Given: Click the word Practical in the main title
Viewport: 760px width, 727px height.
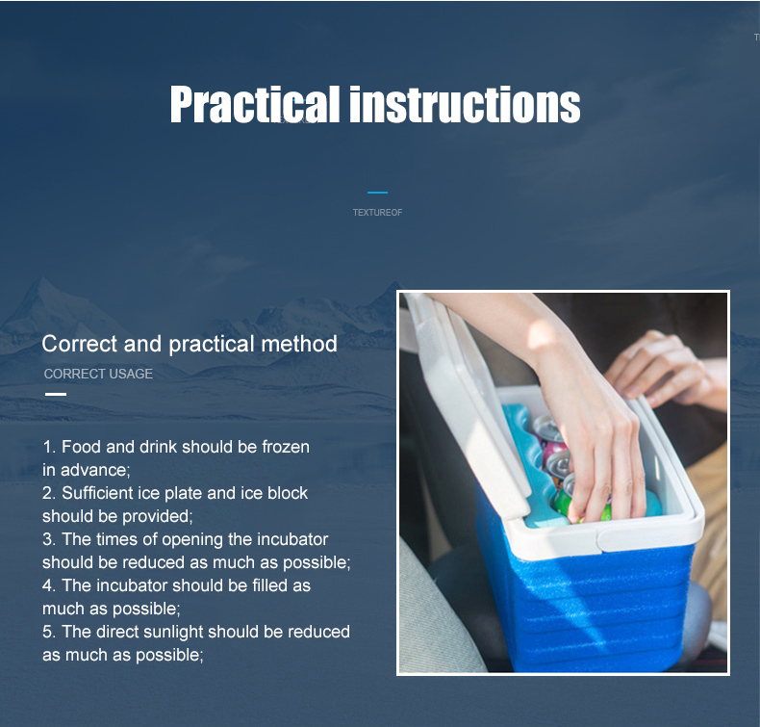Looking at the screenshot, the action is tap(255, 104).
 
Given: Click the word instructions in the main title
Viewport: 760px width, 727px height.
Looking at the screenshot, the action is tap(465, 104).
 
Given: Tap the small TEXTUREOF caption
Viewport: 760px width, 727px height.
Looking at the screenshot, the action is tap(377, 213).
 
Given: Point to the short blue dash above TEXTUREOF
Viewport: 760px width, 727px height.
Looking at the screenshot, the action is tap(377, 193).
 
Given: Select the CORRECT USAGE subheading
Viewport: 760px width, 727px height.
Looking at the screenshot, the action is tap(98, 374).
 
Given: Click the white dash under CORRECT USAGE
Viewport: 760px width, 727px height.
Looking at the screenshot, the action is tap(56, 394).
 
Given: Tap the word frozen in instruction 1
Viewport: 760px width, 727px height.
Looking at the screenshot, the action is tap(286, 447).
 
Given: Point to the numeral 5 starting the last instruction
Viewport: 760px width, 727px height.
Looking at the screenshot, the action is tap(46, 632).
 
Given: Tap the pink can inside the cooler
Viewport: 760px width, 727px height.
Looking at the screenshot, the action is tap(551, 454).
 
